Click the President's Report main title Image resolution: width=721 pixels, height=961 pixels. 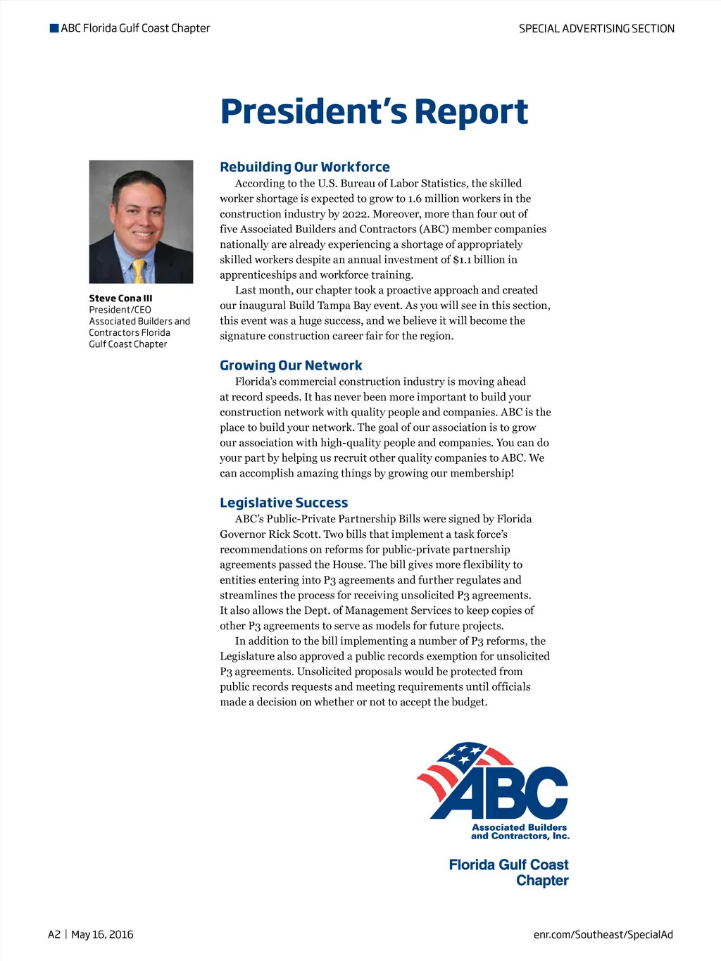(374, 111)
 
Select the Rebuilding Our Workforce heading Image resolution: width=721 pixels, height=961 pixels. (304, 167)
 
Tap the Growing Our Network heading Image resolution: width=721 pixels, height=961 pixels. (291, 365)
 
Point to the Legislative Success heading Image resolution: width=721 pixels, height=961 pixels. (284, 503)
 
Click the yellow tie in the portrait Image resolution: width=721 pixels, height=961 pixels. (139, 271)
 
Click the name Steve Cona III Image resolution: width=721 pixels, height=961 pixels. (120, 299)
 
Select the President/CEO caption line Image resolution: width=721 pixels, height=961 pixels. (120, 310)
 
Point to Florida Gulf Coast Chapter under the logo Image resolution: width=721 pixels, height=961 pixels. (508, 872)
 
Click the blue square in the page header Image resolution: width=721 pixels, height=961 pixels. (54, 28)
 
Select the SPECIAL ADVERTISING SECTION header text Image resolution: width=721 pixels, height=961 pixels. (596, 29)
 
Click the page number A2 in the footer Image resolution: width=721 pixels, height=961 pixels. (54, 935)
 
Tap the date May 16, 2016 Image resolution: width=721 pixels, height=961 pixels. (102, 935)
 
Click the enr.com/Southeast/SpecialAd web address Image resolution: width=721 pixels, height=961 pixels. (603, 935)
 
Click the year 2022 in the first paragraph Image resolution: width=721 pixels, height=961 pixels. (356, 214)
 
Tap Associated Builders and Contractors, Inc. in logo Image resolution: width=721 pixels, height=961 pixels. (520, 832)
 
